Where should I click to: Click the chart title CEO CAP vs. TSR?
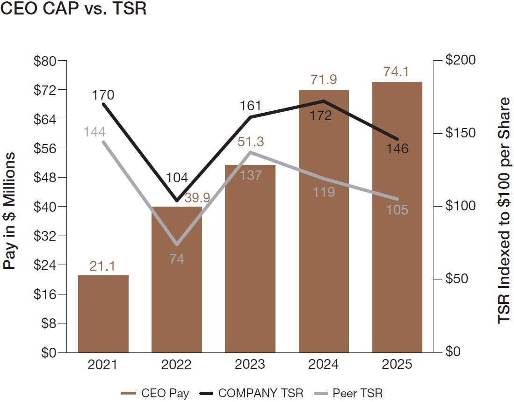pyautogui.click(x=73, y=9)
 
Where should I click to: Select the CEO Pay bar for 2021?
pyautogui.click(x=103, y=314)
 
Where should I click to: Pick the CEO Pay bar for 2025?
pyautogui.click(x=397, y=217)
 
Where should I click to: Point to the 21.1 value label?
pyautogui.click(x=102, y=266)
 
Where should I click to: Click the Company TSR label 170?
pyautogui.click(x=103, y=95)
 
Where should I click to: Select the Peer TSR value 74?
pyautogui.click(x=176, y=258)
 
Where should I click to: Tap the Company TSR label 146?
pyautogui.click(x=397, y=149)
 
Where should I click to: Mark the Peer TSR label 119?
pyautogui.click(x=323, y=192)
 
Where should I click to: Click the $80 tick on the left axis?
pyautogui.click(x=45, y=61)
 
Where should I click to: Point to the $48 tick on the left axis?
pyautogui.click(x=45, y=178)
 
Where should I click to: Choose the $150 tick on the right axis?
pyautogui.click(x=460, y=133)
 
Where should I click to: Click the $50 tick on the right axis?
pyautogui.click(x=457, y=279)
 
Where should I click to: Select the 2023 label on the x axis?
pyautogui.click(x=250, y=365)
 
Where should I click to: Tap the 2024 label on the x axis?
pyautogui.click(x=323, y=365)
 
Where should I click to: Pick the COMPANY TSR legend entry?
pyautogui.click(x=250, y=393)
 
